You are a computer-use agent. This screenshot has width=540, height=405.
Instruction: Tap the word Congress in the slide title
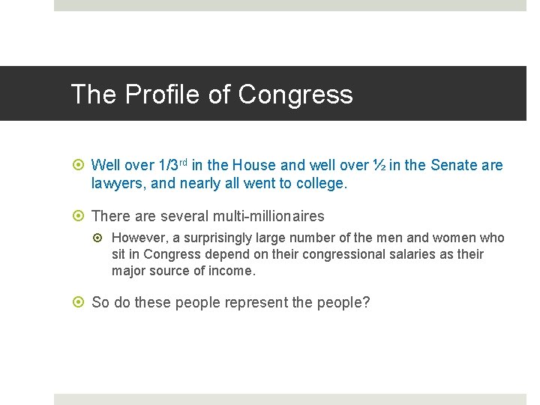tap(295, 94)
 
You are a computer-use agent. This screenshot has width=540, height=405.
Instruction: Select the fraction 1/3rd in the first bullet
tap(172, 165)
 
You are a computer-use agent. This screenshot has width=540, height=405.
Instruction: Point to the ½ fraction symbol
tap(380, 165)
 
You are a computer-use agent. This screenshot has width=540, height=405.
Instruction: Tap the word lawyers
tap(115, 183)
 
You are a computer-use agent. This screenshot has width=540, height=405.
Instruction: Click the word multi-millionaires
tap(268, 217)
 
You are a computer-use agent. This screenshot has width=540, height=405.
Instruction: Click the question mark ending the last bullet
tap(366, 303)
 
